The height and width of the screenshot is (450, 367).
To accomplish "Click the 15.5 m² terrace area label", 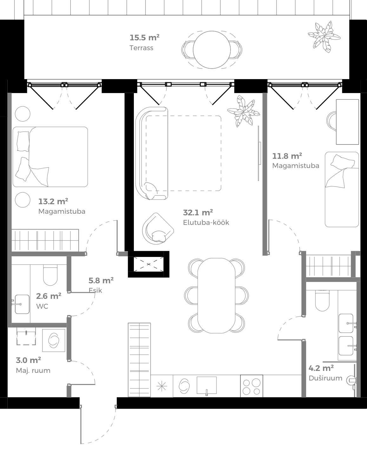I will pos(144,37).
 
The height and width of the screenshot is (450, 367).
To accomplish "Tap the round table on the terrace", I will pos(212,50).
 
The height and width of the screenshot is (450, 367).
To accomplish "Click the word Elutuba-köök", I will pos(206,223).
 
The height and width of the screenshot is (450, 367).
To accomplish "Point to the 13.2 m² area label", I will pos(53,201).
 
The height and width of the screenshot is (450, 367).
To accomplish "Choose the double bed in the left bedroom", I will pos(50,157).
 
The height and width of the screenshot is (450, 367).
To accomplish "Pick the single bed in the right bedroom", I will pos(342,189).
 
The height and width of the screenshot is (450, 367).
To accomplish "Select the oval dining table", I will pos(217,295).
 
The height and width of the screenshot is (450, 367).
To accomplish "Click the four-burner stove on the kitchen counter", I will pos(251,386).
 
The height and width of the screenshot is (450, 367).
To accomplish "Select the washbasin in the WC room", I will pos(22,304).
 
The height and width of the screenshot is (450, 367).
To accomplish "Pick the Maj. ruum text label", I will pos(33,371).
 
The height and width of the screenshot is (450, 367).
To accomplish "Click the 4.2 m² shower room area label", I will pos(321,368).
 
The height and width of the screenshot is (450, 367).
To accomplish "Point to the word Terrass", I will pos(141,48).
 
